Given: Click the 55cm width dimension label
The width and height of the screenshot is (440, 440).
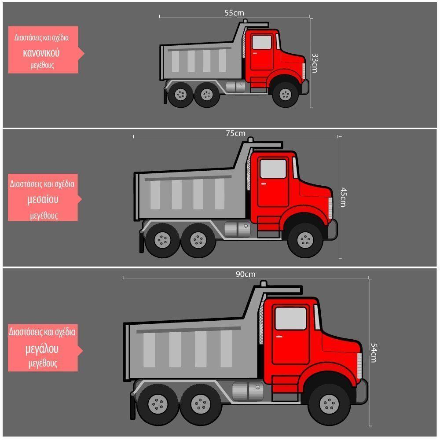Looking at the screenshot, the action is pyautogui.click(x=234, y=13).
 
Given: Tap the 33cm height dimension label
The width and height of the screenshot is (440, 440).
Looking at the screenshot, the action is pyautogui.click(x=315, y=63).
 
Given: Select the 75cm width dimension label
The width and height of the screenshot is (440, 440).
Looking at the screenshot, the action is pyautogui.click(x=235, y=133).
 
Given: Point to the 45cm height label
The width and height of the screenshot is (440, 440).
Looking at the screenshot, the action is pyautogui.click(x=343, y=197).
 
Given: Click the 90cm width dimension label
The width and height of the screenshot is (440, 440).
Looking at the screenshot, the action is pyautogui.click(x=246, y=274).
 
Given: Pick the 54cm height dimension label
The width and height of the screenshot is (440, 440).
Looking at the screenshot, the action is pyautogui.click(x=374, y=353).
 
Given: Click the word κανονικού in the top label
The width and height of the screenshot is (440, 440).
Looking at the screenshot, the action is pyautogui.click(x=41, y=53).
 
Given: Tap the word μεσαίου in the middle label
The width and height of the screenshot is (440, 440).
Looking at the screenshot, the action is pyautogui.click(x=43, y=199).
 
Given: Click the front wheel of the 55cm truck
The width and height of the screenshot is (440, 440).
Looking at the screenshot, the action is pyautogui.click(x=286, y=94).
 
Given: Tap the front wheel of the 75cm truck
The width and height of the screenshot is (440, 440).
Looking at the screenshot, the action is pyautogui.click(x=305, y=240).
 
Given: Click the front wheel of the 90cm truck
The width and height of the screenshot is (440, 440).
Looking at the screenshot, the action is pyautogui.click(x=329, y=404).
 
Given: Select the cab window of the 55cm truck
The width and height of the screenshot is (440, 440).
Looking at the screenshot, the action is pyautogui.click(x=262, y=42).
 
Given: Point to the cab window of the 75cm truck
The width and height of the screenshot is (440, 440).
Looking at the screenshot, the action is pyautogui.click(x=273, y=169).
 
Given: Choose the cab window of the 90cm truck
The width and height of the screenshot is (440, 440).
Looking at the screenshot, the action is pyautogui.click(x=291, y=319).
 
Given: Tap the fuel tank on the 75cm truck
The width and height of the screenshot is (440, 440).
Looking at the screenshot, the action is pyautogui.click(x=238, y=229).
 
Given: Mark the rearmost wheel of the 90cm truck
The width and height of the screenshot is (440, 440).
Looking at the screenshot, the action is pyautogui.click(x=158, y=404).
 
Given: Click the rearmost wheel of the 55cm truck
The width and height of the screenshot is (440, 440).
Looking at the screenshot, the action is pyautogui.click(x=181, y=94).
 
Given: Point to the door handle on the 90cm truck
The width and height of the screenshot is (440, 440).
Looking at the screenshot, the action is pyautogui.click(x=279, y=336).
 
